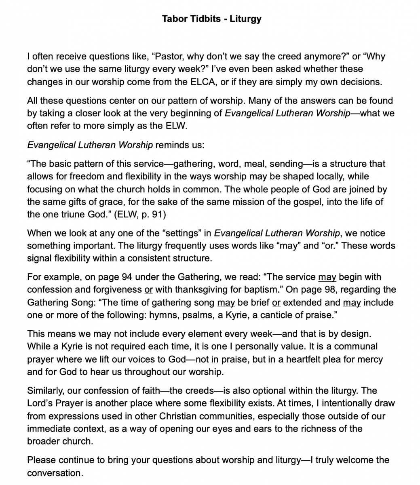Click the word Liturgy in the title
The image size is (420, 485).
point(245,19)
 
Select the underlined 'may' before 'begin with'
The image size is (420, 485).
point(327,277)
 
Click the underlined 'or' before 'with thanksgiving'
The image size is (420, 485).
point(148,290)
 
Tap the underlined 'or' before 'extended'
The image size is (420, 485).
point(276,302)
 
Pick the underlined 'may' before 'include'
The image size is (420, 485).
point(352,302)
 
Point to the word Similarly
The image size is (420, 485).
point(44,391)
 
